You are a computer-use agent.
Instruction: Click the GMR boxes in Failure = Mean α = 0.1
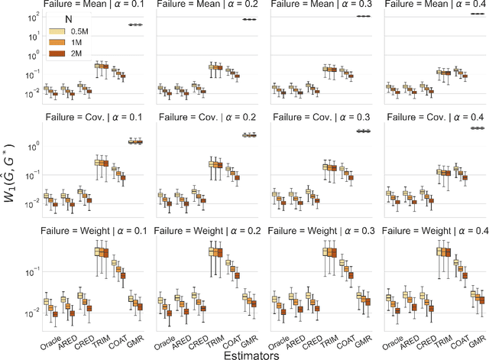click(134, 24)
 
